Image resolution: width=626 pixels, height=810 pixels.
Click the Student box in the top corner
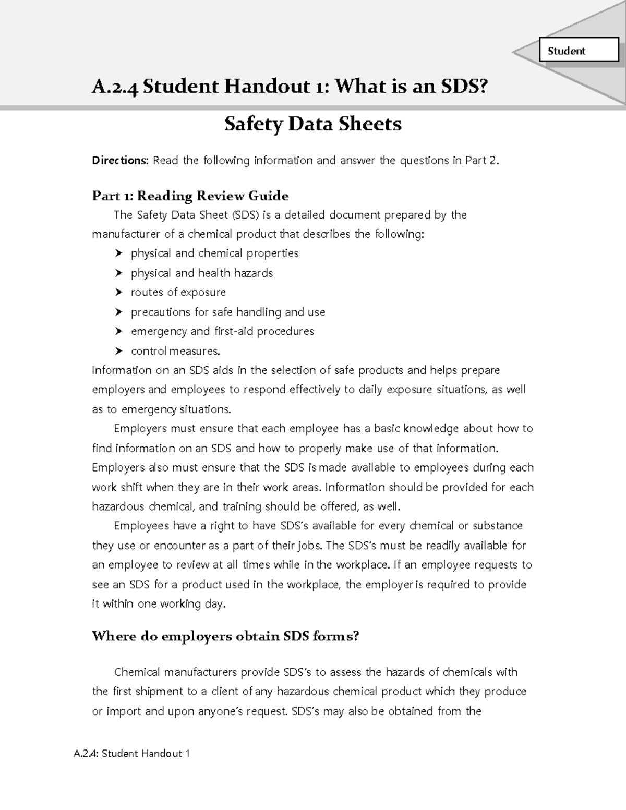[578, 51]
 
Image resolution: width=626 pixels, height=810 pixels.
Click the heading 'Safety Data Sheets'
[312, 124]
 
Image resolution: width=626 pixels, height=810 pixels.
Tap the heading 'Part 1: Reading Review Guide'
[190, 196]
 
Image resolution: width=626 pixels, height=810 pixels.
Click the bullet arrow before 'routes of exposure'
[119, 293]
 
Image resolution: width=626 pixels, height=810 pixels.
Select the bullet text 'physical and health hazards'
[201, 273]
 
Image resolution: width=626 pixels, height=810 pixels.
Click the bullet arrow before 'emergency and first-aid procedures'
[119, 332]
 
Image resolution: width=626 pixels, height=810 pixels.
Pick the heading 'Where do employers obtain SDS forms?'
[225, 636]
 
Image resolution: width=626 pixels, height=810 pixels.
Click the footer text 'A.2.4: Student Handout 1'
[131, 753]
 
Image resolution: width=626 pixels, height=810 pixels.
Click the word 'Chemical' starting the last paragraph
[136, 672]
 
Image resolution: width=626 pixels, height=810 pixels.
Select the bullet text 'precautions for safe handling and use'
[227, 312]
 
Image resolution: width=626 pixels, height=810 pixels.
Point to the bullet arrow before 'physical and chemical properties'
[119, 254]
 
